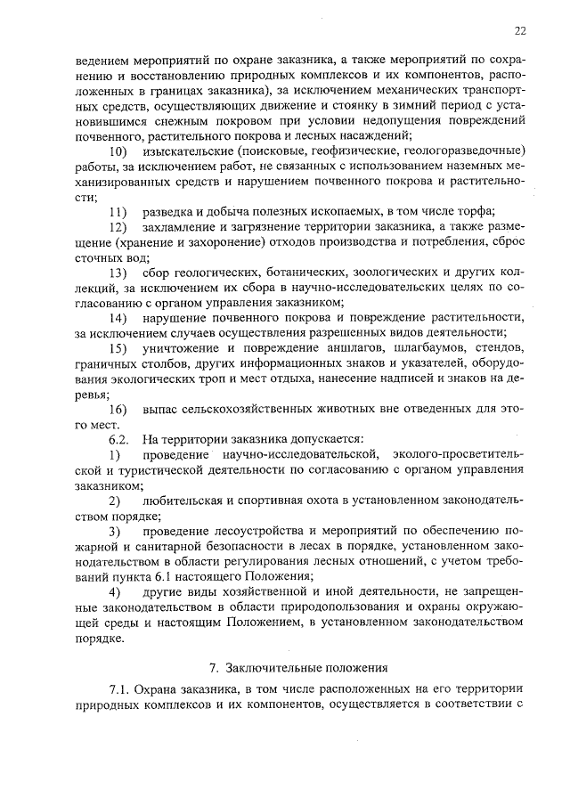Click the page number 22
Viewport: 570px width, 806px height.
pos(519,30)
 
